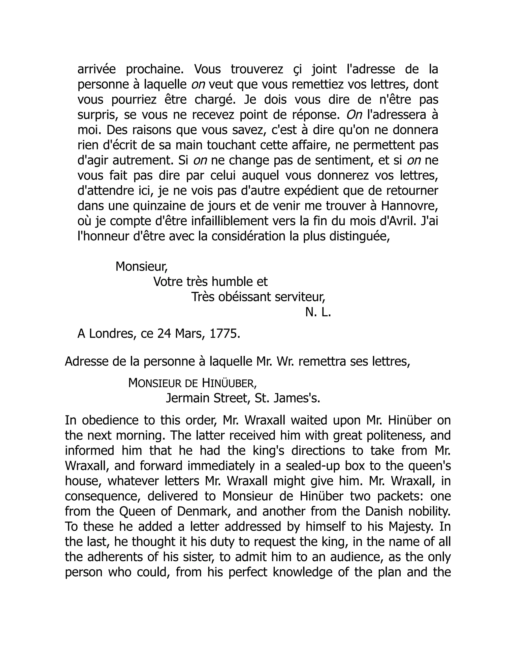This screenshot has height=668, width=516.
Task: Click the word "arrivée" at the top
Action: (96, 69)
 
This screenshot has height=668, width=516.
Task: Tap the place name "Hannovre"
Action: (408, 206)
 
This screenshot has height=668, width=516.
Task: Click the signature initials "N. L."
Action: (318, 312)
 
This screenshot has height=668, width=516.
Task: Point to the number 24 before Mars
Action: (164, 334)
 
